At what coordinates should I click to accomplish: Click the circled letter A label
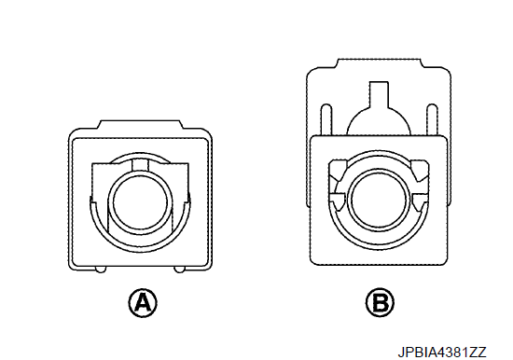point(143,303)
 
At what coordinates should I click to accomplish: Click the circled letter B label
point(380,303)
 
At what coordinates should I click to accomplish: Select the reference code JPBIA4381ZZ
point(442,353)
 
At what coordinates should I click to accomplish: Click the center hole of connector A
point(140,202)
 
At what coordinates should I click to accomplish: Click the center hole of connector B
point(379,201)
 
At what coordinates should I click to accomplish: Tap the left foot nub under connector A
point(101,270)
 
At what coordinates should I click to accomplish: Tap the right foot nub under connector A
point(179,270)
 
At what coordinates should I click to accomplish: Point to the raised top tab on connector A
point(140,124)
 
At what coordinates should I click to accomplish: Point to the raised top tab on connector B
point(379,63)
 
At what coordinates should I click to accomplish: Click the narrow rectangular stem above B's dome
point(379,94)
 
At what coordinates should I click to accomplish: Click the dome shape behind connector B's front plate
point(379,122)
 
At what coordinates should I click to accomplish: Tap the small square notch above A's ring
point(140,165)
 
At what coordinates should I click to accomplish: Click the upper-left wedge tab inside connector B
point(338,170)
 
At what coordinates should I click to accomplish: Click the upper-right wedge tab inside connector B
point(420,170)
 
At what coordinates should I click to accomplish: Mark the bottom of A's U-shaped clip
point(140,249)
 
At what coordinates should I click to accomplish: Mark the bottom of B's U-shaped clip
point(379,248)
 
